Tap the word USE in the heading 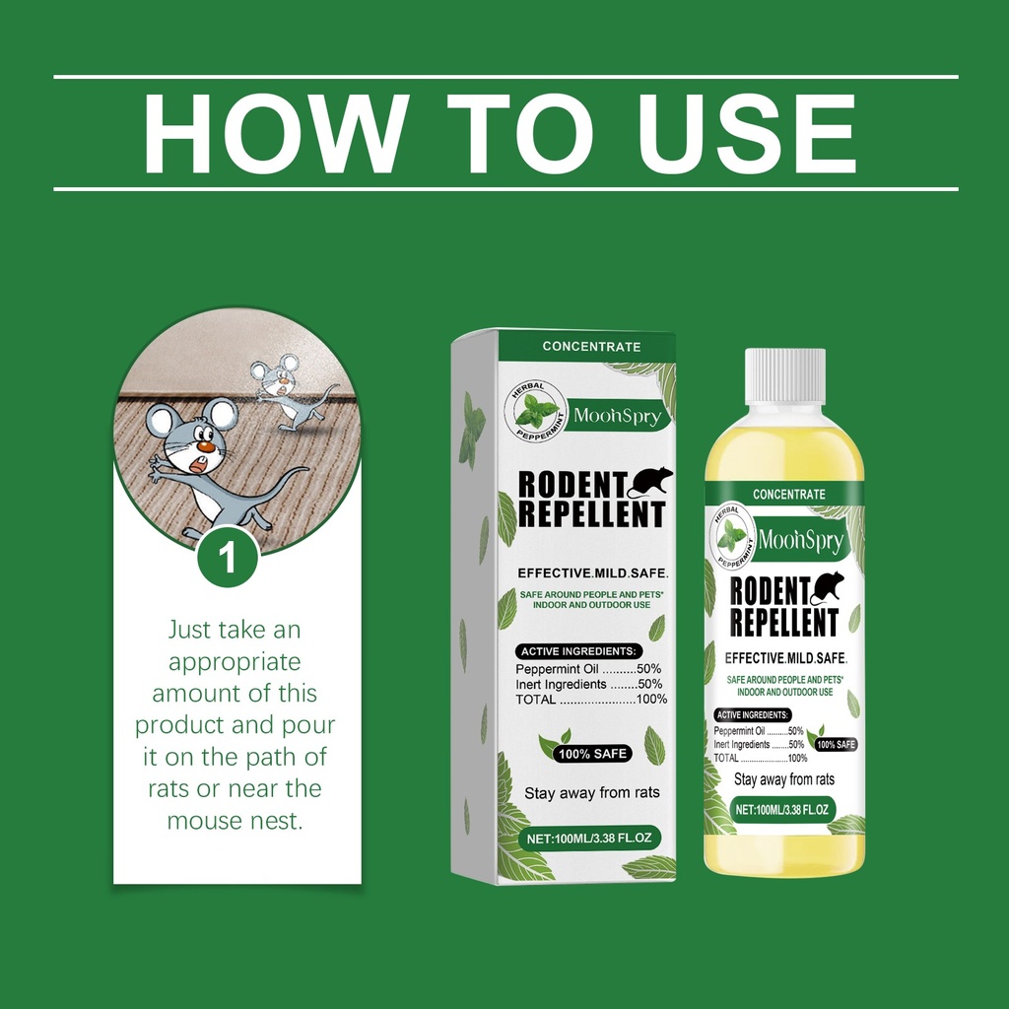tap(746, 133)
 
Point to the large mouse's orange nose tap(205, 445)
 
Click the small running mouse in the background tap(290, 391)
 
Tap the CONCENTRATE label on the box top tap(591, 346)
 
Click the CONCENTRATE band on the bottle tap(789, 495)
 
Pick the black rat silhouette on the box tap(649, 481)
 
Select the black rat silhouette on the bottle tap(827, 587)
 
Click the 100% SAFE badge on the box tap(592, 754)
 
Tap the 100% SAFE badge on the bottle tap(836, 745)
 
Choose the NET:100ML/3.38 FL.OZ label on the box tap(589, 838)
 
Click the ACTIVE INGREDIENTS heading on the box tap(578, 651)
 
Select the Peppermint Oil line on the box tap(588, 669)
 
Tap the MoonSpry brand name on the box tap(617, 416)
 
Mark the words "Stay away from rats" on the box tap(592, 793)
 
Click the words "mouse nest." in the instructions tap(235, 821)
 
